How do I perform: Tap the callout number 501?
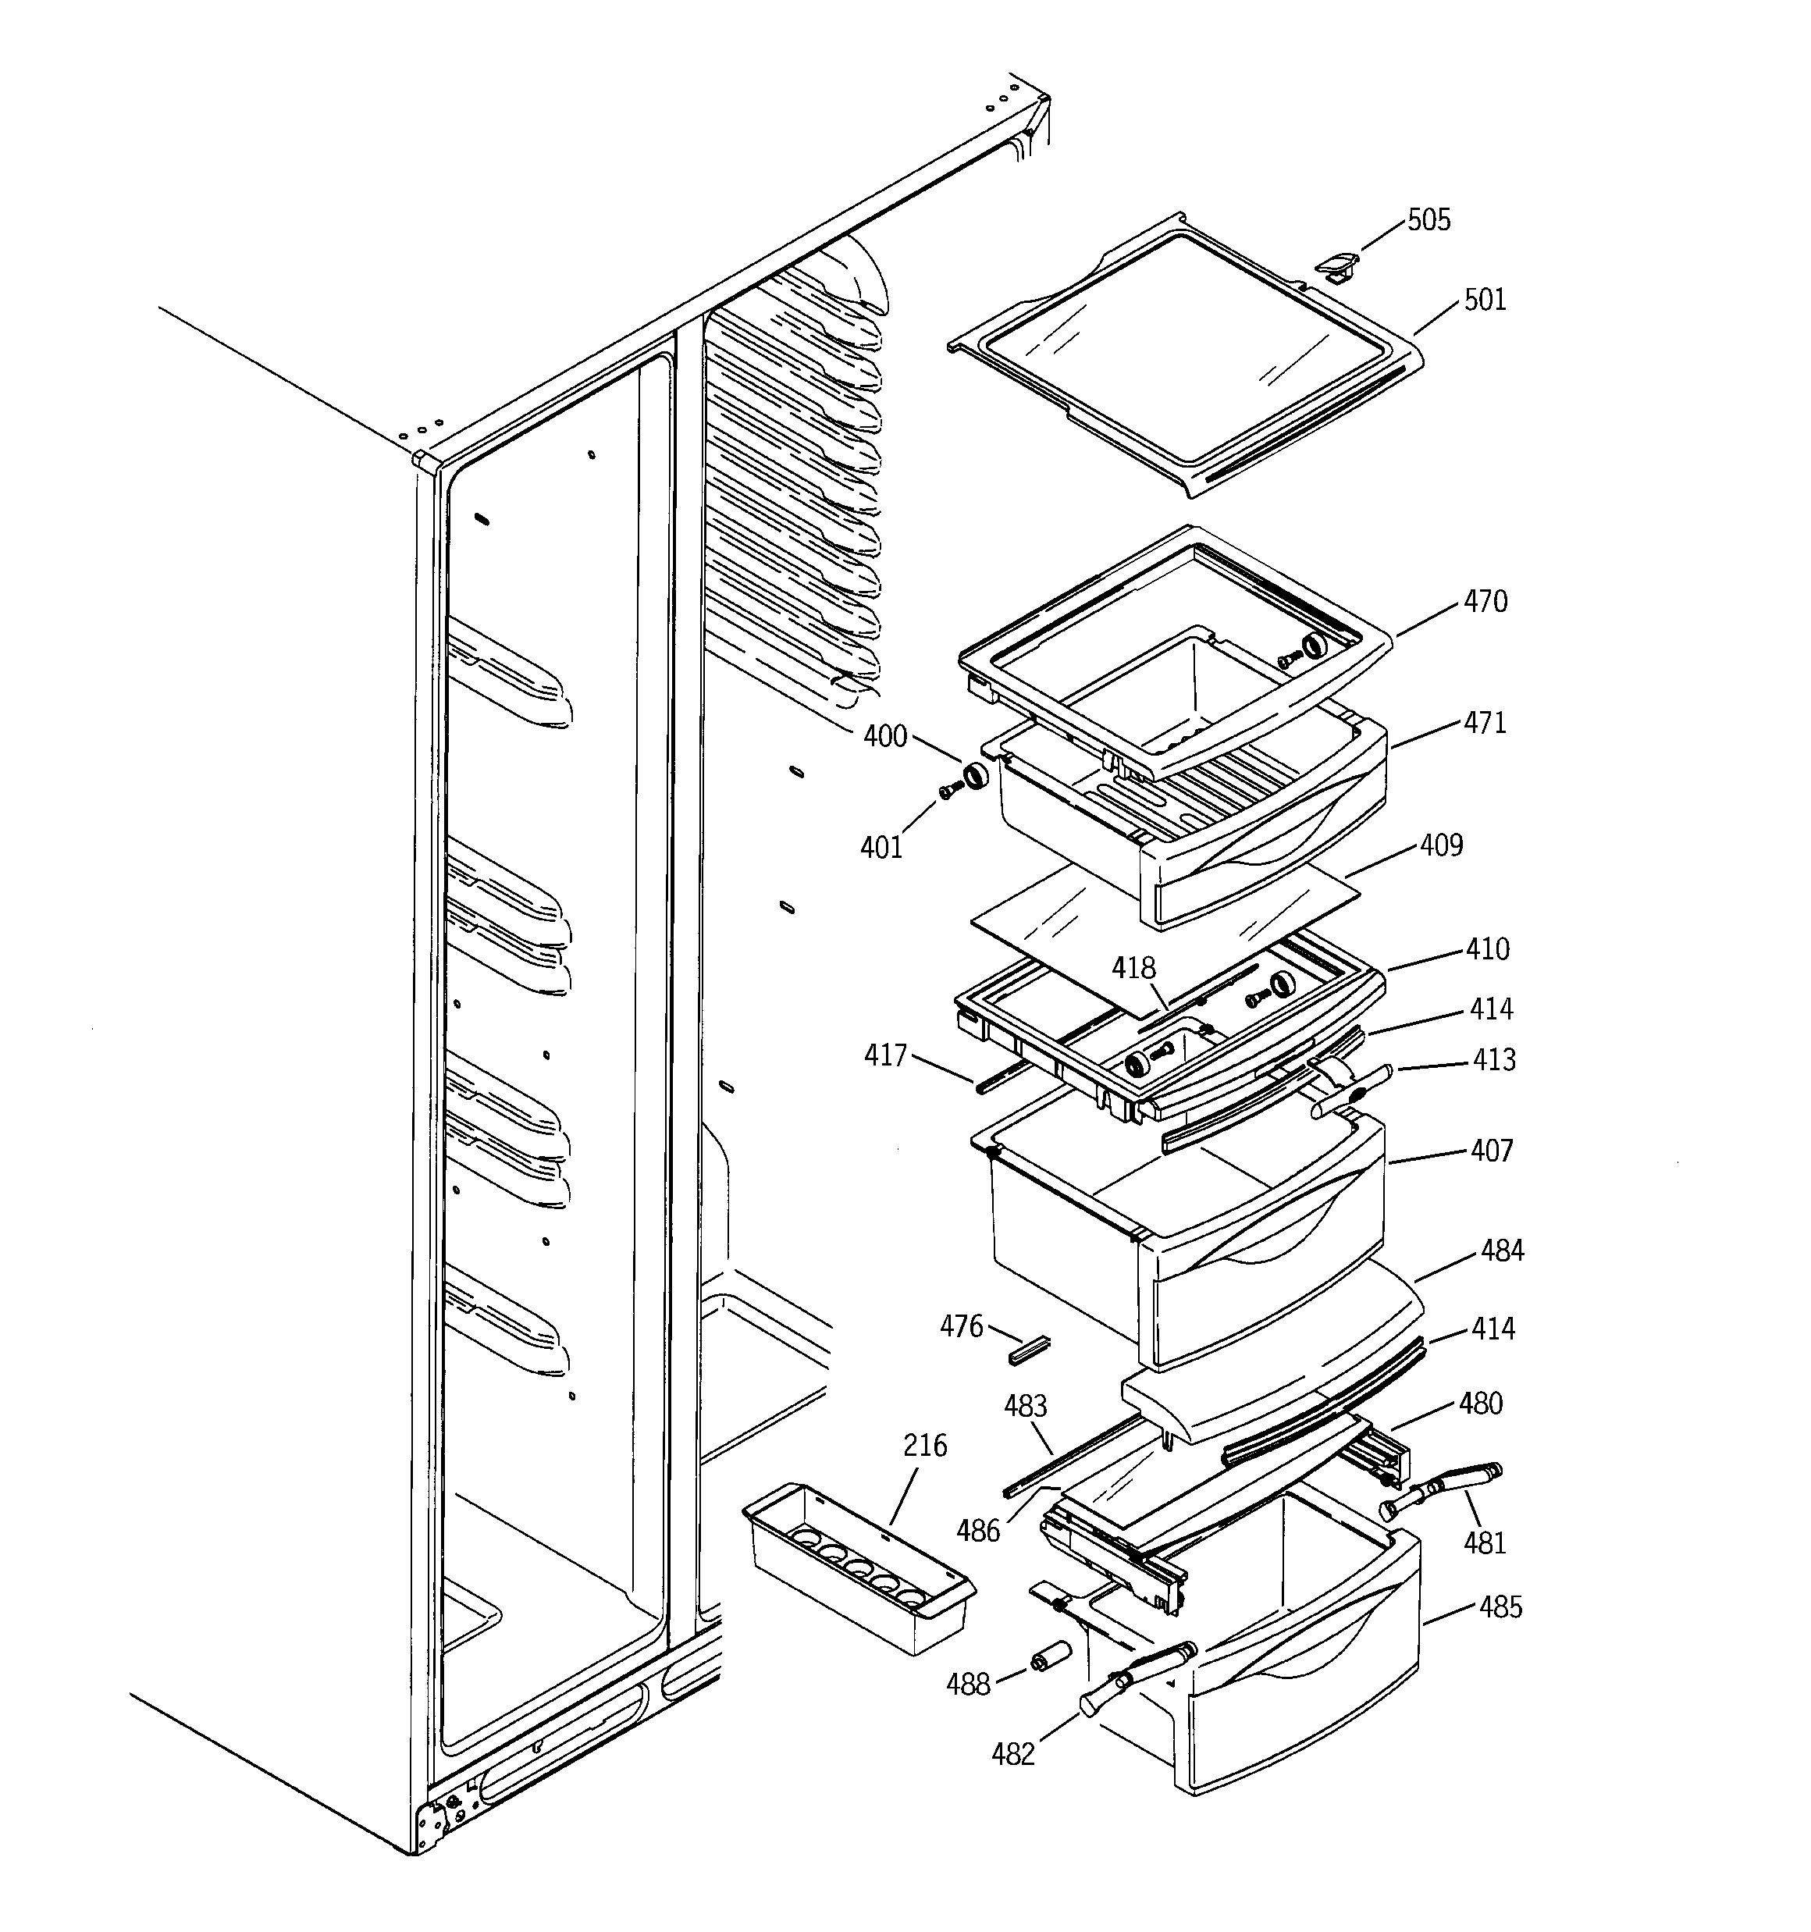click(x=1485, y=301)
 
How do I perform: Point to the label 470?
click(x=1485, y=603)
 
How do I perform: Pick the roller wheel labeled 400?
click(x=974, y=777)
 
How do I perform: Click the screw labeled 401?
click(x=948, y=793)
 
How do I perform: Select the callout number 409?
click(x=1441, y=845)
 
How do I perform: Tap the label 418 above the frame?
click(x=1133, y=968)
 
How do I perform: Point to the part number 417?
click(x=884, y=1055)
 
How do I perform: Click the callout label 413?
click(x=1493, y=1059)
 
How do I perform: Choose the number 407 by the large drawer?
click(x=1491, y=1151)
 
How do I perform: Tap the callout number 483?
click(x=1025, y=1406)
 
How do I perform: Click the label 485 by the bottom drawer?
click(x=1500, y=1607)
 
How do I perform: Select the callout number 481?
click(x=1485, y=1542)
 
